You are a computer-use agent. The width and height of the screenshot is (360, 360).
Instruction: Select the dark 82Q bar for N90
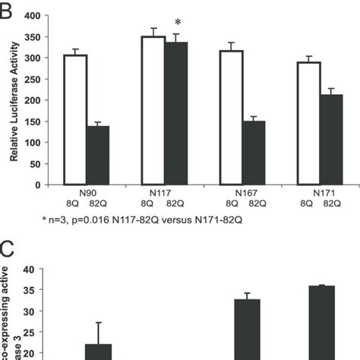click(97, 155)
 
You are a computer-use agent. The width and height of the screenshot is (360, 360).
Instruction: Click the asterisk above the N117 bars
click(177, 23)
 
